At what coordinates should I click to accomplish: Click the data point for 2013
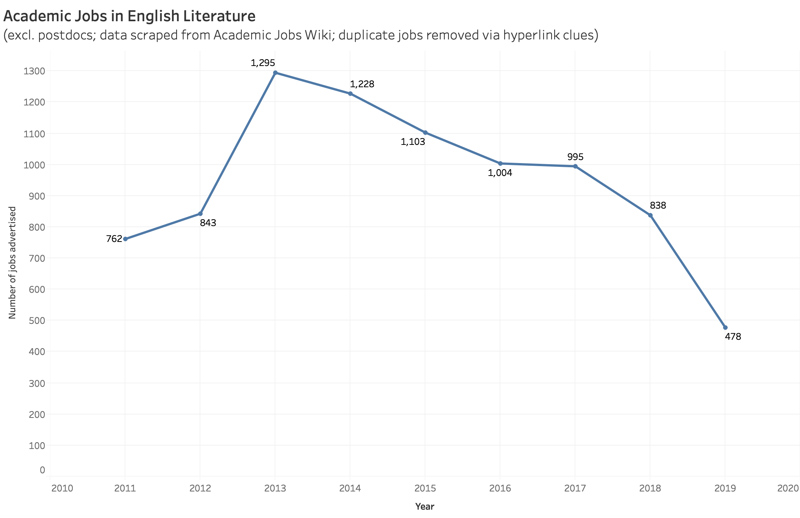point(275,73)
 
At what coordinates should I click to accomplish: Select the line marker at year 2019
point(725,328)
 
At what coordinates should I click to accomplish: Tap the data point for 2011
point(125,239)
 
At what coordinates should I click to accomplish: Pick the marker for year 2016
point(500,163)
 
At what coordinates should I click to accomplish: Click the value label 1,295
point(263,63)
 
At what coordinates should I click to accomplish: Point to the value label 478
point(733,336)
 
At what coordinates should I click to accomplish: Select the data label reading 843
point(208,223)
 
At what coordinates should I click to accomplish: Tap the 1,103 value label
point(413,142)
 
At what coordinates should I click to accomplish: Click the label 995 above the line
point(575,157)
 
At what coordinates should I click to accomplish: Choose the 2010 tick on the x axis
point(62,488)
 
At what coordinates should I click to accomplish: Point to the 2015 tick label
point(425,488)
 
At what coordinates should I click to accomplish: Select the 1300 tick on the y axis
point(35,71)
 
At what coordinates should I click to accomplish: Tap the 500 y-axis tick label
point(37,320)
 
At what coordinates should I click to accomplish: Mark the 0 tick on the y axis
point(42,470)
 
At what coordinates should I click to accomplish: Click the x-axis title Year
point(425,507)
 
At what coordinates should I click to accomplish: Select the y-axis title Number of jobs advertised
point(12,262)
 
